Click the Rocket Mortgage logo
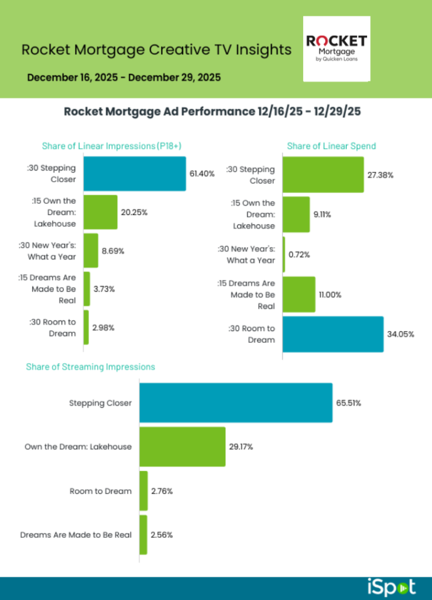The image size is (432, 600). [x=337, y=49]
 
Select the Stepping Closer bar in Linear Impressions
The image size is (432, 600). [x=135, y=173]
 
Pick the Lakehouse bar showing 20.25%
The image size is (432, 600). [x=101, y=212]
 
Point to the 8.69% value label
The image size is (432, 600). [x=113, y=251]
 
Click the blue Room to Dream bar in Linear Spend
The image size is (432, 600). [x=333, y=334]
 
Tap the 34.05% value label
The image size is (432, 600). [x=402, y=335]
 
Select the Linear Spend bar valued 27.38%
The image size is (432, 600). [x=323, y=175]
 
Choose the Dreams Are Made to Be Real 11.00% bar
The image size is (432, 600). [x=299, y=294]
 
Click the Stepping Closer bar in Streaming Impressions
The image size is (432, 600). [x=236, y=403]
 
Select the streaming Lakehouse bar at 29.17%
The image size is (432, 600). [x=183, y=446]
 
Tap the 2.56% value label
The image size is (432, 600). [x=162, y=534]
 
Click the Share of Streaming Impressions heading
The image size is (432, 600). [x=90, y=367]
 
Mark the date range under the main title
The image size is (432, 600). [x=124, y=77]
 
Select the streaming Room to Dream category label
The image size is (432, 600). [x=101, y=490]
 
